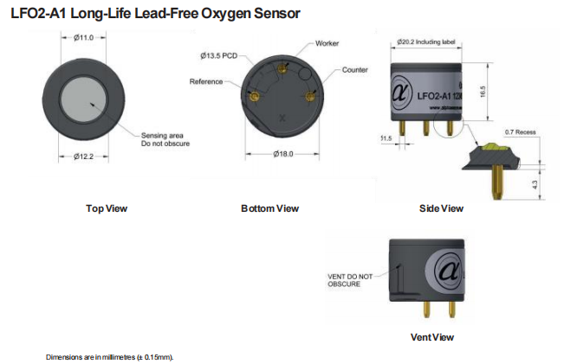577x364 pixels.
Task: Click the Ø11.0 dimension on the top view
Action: click(83, 37)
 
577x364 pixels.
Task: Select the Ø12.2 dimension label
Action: click(83, 156)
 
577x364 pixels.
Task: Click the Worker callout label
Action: click(327, 42)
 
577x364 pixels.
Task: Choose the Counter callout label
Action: click(355, 69)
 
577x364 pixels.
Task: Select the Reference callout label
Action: click(206, 81)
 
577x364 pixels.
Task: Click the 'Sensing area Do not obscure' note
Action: click(165, 139)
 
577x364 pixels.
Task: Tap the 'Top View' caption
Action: click(107, 208)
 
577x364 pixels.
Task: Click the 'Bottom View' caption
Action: click(269, 208)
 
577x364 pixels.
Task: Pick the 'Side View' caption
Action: click(440, 208)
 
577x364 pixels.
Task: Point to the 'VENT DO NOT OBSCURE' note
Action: click(350, 280)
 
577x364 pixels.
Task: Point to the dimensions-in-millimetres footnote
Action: click(110, 356)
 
